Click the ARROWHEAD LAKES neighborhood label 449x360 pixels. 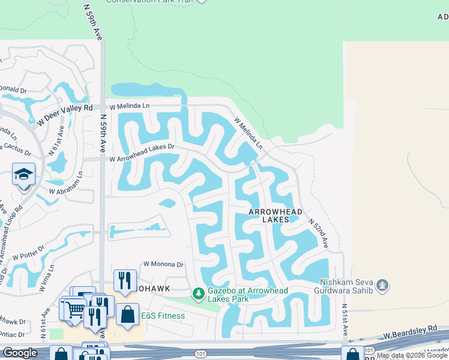click(271, 216)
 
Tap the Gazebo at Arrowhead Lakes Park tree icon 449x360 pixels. click(198, 294)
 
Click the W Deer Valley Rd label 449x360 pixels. click(64, 113)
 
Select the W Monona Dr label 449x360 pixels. click(163, 264)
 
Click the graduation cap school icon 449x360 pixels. click(23, 175)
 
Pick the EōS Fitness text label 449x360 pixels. click(163, 316)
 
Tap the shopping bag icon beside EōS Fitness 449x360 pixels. click(127, 314)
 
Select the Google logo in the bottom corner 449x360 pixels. click(20, 353)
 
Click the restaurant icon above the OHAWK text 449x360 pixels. click(125, 280)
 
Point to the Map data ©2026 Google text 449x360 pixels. click(412, 356)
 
